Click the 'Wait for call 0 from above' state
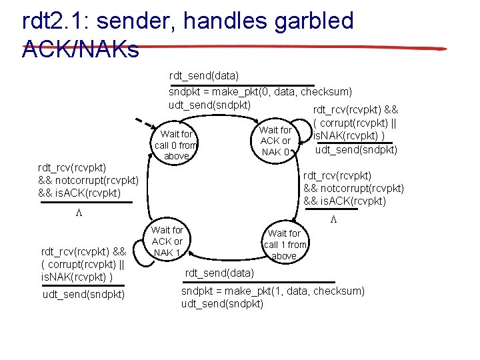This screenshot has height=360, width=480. [x=176, y=145]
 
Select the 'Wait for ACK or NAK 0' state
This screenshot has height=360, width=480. [x=275, y=141]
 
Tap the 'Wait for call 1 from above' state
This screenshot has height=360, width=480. [x=284, y=244]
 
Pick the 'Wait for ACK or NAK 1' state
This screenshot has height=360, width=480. [x=167, y=241]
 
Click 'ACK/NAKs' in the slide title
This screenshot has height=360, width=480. [x=81, y=49]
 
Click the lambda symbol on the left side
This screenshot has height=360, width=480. [x=78, y=212]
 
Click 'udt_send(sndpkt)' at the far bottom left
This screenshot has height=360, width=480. [x=83, y=294]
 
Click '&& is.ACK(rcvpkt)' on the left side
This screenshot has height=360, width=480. [x=79, y=193]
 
